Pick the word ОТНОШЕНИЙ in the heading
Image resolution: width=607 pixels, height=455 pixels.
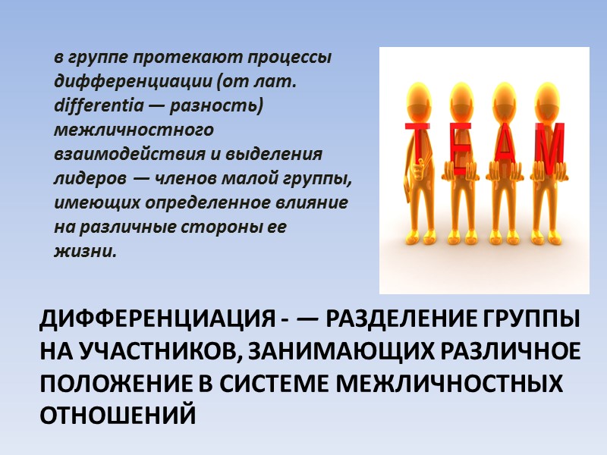pyautogui.click(x=118, y=414)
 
